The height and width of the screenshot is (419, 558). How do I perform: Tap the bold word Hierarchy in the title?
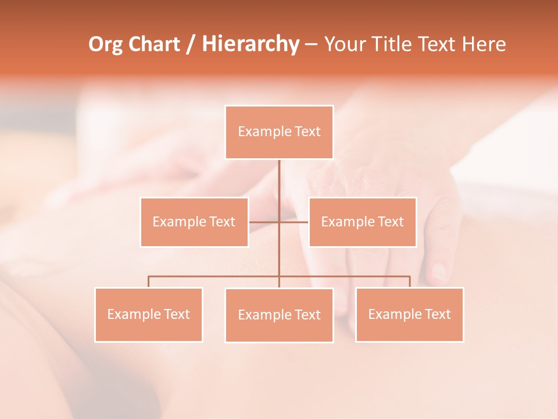pyautogui.click(x=251, y=44)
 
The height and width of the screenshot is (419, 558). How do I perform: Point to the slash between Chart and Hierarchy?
pyautogui.click(x=191, y=44)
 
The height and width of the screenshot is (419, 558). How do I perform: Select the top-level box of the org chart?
pyautogui.click(x=279, y=132)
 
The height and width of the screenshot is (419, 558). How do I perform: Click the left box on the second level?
pyautogui.click(x=194, y=222)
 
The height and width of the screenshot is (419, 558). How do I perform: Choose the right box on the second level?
pyautogui.click(x=363, y=222)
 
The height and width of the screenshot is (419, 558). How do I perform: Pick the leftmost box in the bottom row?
pyautogui.click(x=149, y=314)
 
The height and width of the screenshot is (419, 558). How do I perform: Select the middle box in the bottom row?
pyautogui.click(x=279, y=315)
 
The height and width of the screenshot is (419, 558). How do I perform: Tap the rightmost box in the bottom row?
pyautogui.click(x=409, y=314)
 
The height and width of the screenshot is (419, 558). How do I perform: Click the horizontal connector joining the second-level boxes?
pyautogui.click(x=294, y=222)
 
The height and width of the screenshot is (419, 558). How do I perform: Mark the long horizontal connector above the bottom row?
pyautogui.click(x=215, y=276)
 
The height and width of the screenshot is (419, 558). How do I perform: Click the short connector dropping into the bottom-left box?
pyautogui.click(x=149, y=282)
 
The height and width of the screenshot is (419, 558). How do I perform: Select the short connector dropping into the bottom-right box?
pyautogui.click(x=410, y=282)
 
